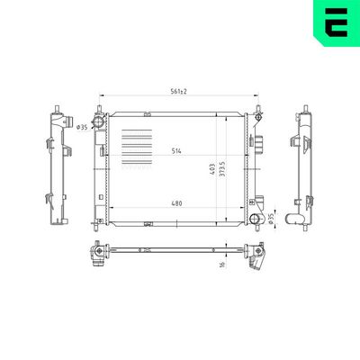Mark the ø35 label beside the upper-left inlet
(x=82, y=127)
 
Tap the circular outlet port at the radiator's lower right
(x=259, y=220)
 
